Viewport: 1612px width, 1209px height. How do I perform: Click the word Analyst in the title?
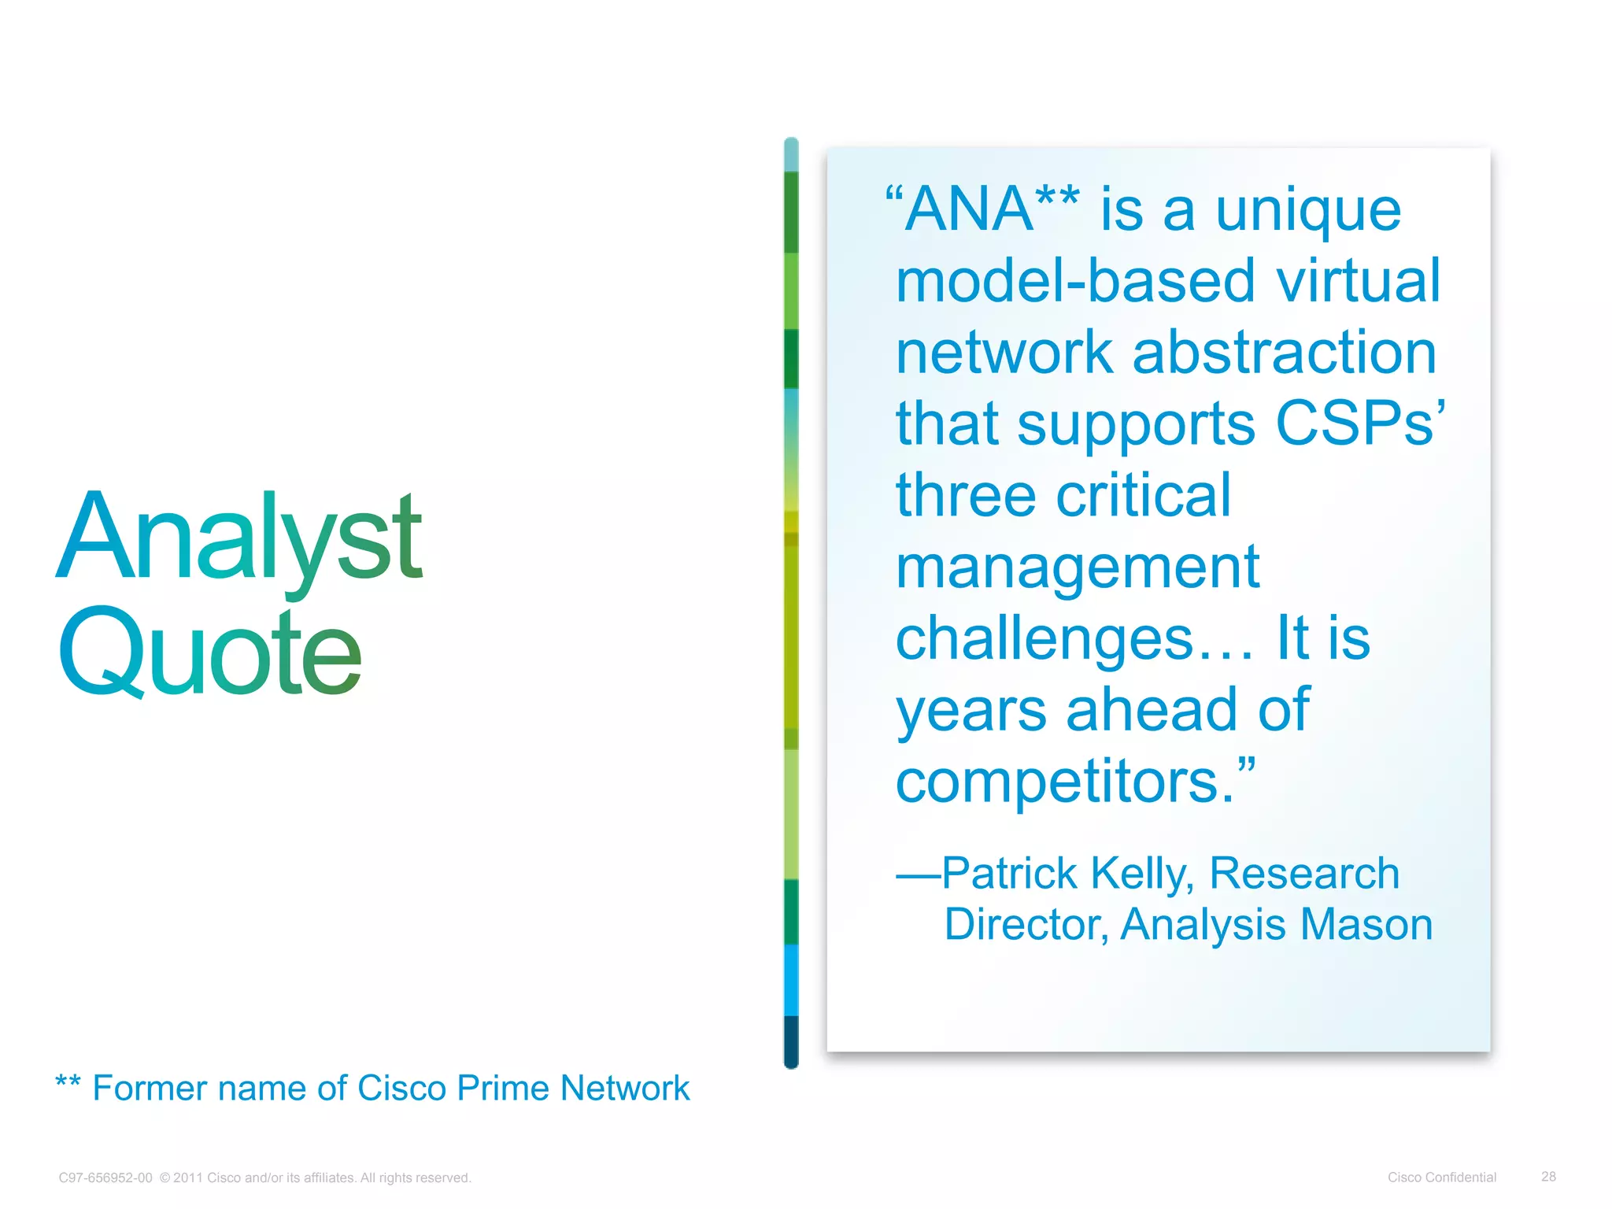(240, 539)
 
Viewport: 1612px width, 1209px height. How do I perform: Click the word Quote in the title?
(210, 653)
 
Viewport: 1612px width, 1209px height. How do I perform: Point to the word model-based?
(1075, 281)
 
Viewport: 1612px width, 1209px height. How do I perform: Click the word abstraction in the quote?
(1285, 353)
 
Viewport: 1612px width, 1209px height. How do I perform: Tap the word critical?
(1143, 496)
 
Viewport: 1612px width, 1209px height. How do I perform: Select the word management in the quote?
(1078, 568)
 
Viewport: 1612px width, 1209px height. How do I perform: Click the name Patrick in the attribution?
(1010, 874)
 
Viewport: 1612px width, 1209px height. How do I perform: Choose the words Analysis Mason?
(1276, 924)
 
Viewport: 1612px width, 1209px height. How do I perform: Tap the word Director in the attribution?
(1026, 924)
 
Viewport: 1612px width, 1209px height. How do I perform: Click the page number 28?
(1548, 1177)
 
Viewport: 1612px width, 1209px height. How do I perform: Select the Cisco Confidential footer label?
(1441, 1178)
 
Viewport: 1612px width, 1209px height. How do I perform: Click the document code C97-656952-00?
(105, 1178)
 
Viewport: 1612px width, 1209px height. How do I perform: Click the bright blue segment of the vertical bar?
(791, 980)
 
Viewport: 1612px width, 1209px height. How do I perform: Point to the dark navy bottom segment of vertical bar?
(791, 1041)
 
